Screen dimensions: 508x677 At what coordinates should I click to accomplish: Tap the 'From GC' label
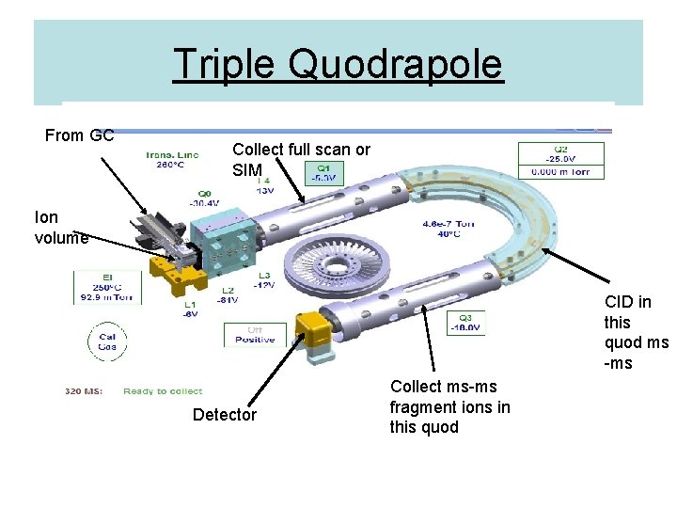point(80,135)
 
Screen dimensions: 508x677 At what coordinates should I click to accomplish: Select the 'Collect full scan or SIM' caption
point(301,160)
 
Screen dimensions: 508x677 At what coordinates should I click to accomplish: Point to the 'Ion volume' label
point(60,228)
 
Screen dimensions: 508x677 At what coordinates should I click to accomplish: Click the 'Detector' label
point(224,415)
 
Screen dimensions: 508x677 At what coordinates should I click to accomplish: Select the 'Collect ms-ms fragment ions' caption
point(450,406)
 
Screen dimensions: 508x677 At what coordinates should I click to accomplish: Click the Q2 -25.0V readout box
point(560,160)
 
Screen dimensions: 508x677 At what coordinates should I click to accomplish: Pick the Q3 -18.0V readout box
point(465,323)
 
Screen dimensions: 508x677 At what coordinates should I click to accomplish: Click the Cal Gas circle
point(107,341)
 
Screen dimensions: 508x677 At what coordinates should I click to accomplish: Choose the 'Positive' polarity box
point(255,335)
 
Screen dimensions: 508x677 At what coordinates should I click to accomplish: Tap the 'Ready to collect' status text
point(163,391)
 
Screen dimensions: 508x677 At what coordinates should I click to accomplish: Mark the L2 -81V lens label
point(227,296)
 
